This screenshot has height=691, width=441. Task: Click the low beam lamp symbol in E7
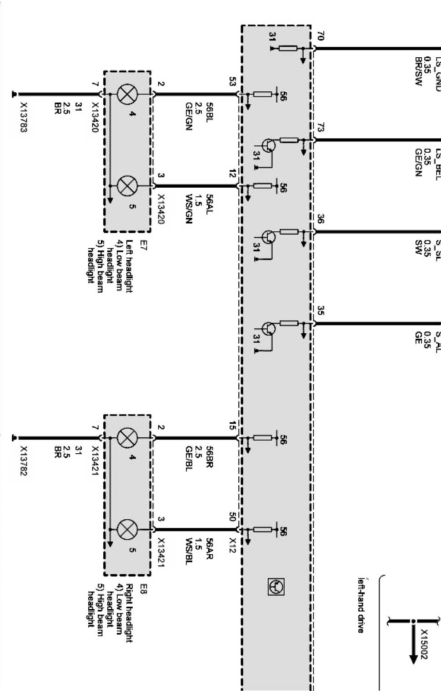(x=125, y=95)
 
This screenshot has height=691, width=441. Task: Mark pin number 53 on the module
(x=232, y=82)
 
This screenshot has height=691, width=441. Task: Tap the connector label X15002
(x=424, y=644)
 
